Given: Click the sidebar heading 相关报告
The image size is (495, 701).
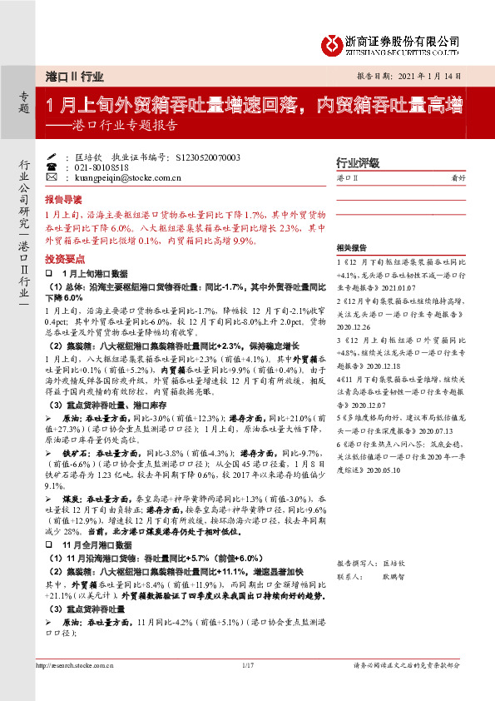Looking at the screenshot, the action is click(x=353, y=248).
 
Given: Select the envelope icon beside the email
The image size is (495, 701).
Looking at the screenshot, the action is click(x=52, y=177).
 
